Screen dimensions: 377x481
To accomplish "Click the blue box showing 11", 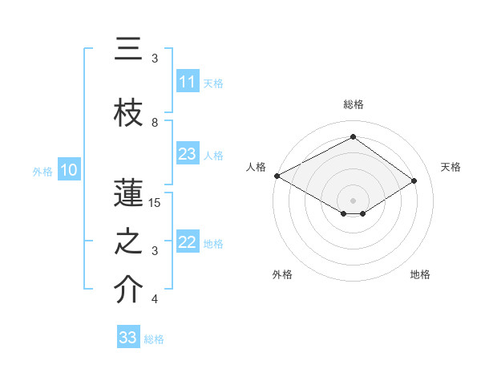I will coord(188,82).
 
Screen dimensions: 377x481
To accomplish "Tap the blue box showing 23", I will coord(188,154).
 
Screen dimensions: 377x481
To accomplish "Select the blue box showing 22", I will coord(188,242).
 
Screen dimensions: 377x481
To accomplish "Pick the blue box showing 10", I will coord(68,170).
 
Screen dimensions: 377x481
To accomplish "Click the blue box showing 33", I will coord(128,338).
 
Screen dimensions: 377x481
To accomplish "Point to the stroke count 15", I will coord(155,203).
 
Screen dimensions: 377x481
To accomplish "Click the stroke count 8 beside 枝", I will coord(155,123).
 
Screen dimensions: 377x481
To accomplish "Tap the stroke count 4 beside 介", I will coord(155,299).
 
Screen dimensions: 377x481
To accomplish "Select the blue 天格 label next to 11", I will coord(213,83).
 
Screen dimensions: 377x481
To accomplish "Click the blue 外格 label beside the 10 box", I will coord(42,171).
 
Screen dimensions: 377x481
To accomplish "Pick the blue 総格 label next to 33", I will coord(154,338).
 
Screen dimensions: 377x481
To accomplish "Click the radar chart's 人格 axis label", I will coord(257,167).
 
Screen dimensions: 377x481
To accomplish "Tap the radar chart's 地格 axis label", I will coord(420,274).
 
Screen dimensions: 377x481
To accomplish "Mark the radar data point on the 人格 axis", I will coord(277,176).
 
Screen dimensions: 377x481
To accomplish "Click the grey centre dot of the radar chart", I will coord(353,200).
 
